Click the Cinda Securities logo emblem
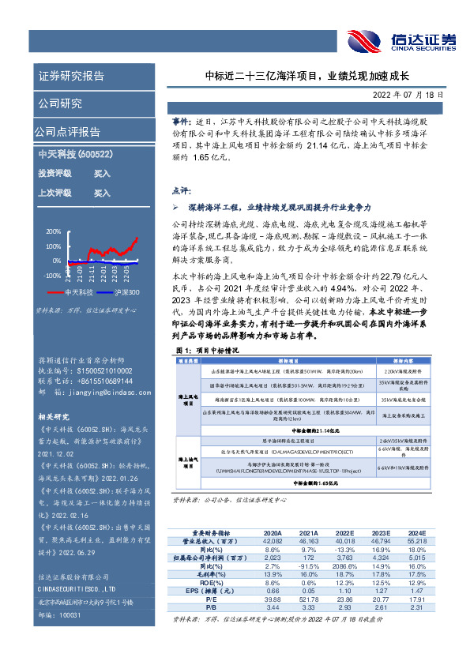click(365, 40)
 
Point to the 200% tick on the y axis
click(53, 232)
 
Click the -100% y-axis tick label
click(51, 276)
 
